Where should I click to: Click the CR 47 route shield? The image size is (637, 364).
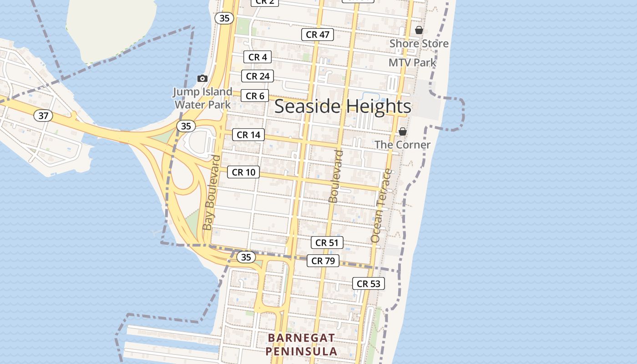(318, 35)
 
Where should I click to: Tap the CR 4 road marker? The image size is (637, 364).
(258, 57)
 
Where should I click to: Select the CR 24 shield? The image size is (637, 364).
(258, 76)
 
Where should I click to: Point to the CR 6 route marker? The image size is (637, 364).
(255, 96)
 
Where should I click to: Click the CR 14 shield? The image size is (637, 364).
(248, 135)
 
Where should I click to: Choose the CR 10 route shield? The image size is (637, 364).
(243, 172)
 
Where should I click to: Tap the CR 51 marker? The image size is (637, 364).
(327, 243)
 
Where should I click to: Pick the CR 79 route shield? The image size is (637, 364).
(323, 261)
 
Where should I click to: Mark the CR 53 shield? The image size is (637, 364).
(368, 284)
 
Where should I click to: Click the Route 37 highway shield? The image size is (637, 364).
(43, 116)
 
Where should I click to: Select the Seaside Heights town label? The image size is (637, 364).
(343, 106)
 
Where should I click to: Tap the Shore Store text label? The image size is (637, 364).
(419, 44)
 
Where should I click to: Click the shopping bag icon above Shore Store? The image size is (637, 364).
(419, 30)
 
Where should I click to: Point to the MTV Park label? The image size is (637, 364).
(412, 63)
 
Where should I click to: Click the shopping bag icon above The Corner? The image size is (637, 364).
(403, 131)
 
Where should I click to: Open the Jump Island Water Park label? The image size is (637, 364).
(202, 98)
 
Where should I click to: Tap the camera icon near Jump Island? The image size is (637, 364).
(202, 79)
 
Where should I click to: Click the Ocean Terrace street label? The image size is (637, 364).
(381, 206)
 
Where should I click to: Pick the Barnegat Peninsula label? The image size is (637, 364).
(301, 344)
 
